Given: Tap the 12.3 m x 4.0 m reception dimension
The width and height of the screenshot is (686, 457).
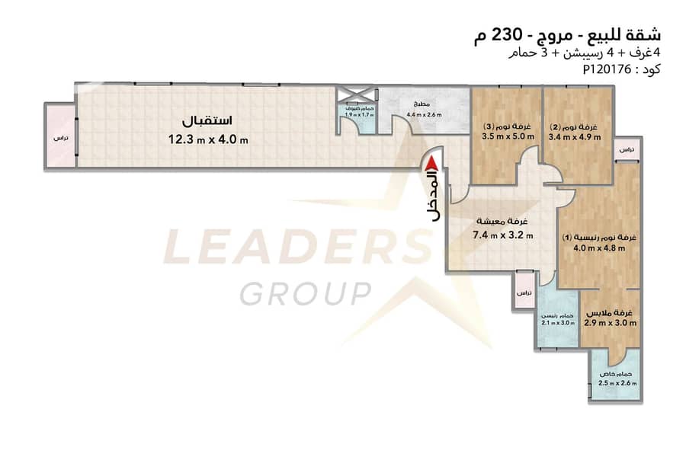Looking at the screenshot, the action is coord(208,139).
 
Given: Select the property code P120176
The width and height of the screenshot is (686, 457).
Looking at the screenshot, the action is coord(607,69).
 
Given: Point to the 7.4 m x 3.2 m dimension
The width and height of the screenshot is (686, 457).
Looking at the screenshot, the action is coord(503,235).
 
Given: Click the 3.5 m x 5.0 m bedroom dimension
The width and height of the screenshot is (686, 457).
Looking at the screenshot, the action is coord(508,136).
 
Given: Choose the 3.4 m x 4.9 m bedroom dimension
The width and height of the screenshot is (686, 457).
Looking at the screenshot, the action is coord(575,137).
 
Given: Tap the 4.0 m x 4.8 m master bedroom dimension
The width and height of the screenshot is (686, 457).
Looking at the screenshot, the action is coord(599,248).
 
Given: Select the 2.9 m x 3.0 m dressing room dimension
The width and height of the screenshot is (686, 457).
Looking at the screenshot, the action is coord(610,323).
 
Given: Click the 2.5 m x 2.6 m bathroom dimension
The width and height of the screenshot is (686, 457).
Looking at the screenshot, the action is coord(617,383).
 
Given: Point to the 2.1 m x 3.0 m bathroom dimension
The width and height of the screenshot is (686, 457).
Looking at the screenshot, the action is coord(558,323).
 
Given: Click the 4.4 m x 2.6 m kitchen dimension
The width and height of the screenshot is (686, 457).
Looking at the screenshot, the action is coord(424,114).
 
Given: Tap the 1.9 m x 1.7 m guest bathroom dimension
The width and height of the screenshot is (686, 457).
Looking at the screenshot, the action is coord(359,114).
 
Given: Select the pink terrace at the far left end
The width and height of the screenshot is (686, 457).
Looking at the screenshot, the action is coord(60,136).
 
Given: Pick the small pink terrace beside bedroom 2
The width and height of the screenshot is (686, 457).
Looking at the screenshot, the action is coord(627,150).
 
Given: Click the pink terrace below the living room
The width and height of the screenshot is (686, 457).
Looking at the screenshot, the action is coord(524,290).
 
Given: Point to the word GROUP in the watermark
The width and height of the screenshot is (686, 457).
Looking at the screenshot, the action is coord(306,293).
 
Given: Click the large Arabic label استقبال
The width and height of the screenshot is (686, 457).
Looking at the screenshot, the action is coord(207,120).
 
